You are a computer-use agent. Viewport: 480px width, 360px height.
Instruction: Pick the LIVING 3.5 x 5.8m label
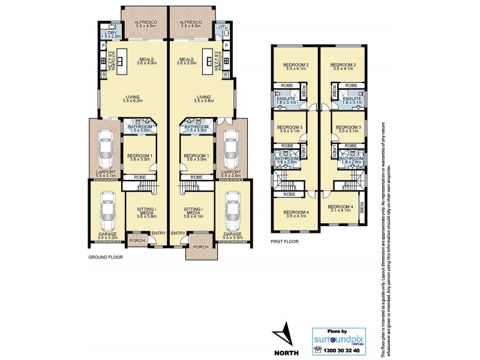[x=204, y=98]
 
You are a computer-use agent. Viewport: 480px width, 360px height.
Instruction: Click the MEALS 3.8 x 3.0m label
[x=187, y=61]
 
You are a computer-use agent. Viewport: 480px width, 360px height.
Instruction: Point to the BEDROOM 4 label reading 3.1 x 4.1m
[x=339, y=208]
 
